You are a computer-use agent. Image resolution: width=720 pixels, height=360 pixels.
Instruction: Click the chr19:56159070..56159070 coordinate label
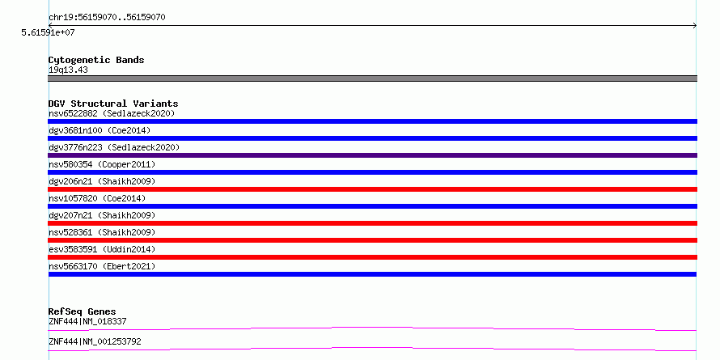click(107, 18)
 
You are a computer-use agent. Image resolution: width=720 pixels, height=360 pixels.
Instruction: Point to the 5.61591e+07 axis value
click(48, 32)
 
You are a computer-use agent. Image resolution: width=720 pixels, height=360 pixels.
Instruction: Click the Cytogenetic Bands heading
click(96, 60)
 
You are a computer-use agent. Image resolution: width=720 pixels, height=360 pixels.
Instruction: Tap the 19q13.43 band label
click(68, 70)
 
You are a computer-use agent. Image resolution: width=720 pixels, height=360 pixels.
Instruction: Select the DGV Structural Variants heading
click(113, 104)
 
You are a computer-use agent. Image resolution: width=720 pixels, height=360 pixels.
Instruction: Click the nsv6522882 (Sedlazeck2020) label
click(112, 113)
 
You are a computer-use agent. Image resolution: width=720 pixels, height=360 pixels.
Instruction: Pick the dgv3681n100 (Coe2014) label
click(100, 130)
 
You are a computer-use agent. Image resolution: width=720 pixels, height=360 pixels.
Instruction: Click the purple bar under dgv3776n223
click(372, 155)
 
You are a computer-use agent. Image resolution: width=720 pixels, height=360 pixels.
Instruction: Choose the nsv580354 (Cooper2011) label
click(102, 164)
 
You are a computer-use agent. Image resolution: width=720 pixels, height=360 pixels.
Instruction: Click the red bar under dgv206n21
click(372, 189)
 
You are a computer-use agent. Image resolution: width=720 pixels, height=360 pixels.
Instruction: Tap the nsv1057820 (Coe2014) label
click(97, 198)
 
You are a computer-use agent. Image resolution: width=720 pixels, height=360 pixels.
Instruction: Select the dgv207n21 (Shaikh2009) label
click(102, 215)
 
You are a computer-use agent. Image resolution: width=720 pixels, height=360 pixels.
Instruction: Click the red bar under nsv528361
click(372, 240)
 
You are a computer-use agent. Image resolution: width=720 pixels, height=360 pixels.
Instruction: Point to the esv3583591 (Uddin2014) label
click(102, 249)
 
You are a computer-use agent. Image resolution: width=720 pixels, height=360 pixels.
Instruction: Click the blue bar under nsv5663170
click(372, 274)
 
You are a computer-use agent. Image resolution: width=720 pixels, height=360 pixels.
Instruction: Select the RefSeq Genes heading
click(82, 311)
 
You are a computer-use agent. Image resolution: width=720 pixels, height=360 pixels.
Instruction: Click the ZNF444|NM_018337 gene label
click(87, 321)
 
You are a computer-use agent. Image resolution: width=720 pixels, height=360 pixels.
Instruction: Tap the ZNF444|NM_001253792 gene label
click(95, 341)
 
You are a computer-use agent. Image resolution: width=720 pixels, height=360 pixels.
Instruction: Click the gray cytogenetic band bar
click(372, 78)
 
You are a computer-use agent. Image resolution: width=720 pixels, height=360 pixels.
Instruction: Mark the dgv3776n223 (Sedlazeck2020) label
click(114, 147)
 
